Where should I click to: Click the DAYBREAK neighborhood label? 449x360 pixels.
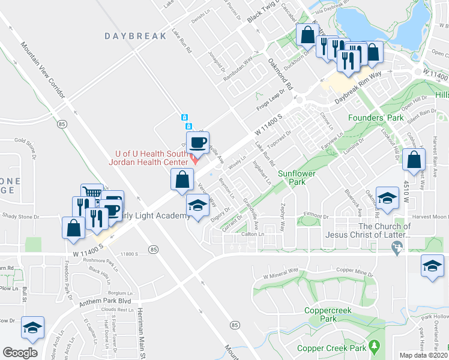click(135, 36)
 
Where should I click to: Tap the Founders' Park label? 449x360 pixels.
click(376, 118)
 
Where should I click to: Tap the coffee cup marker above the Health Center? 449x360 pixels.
click(197, 143)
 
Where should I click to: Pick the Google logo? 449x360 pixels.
click(20, 353)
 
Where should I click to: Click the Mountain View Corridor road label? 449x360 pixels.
click(47, 72)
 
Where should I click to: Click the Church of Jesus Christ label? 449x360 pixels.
click(384, 230)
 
